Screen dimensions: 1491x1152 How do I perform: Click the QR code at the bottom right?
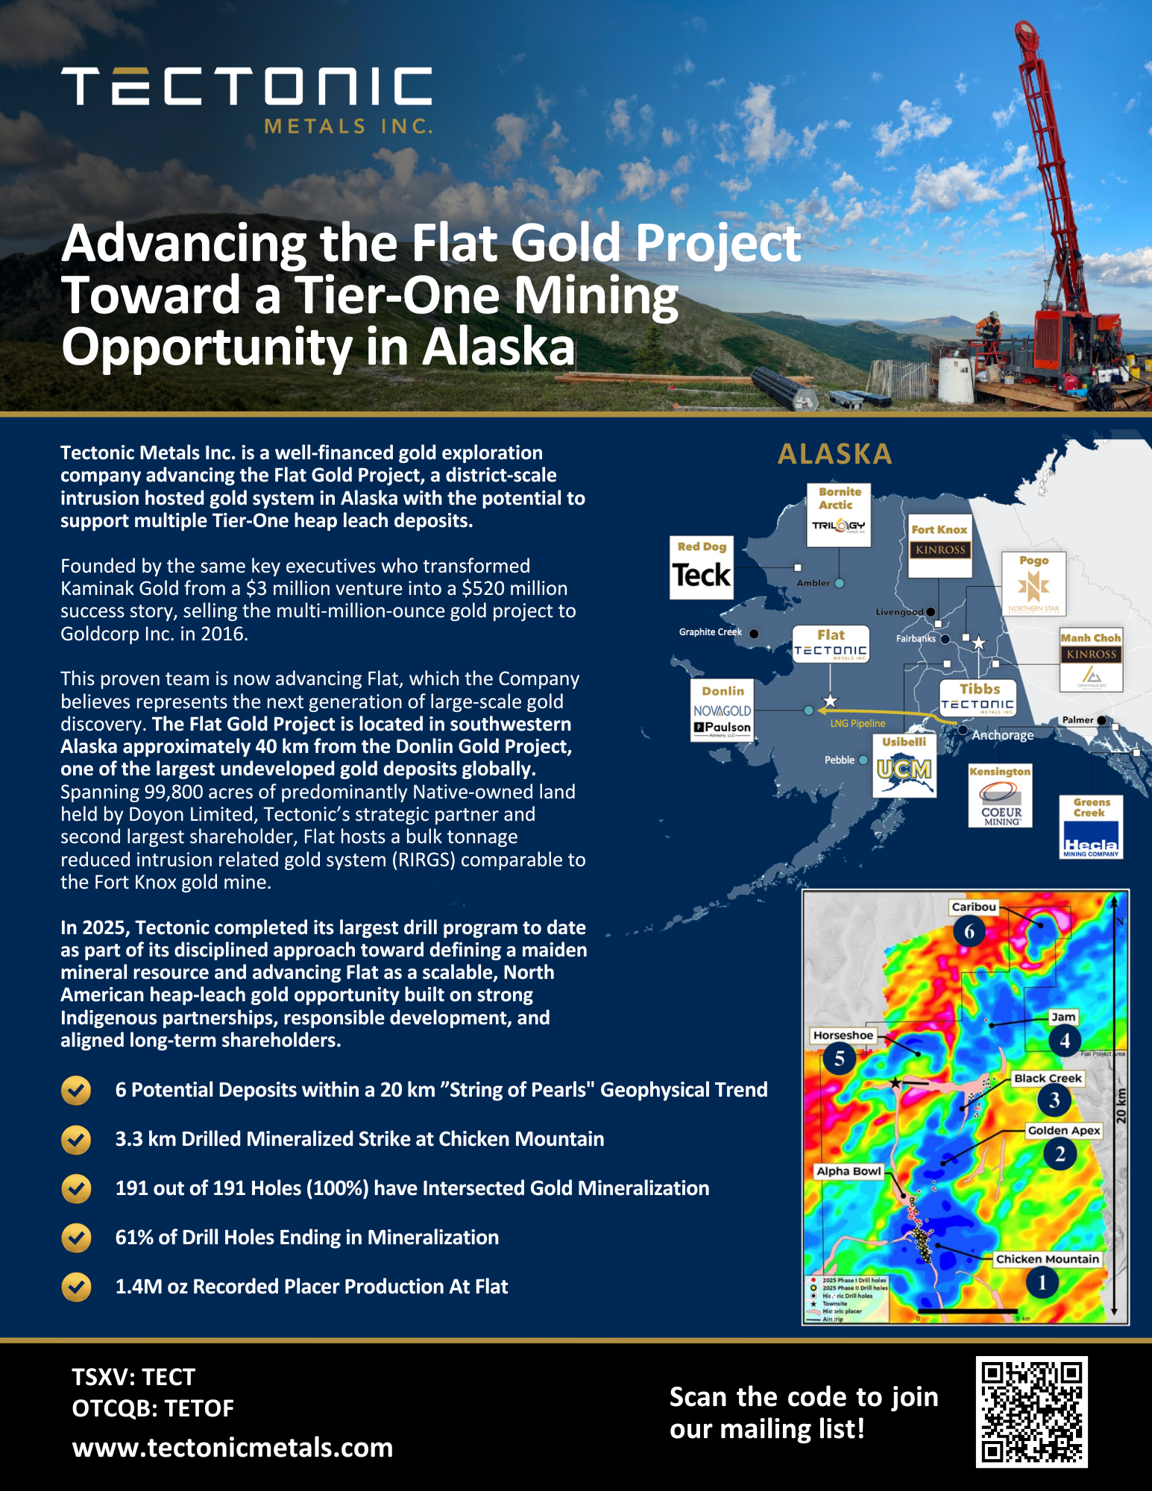pos(1031,1412)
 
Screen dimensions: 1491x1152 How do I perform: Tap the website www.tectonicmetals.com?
pos(232,1448)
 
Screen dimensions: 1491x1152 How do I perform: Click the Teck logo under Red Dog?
pos(701,576)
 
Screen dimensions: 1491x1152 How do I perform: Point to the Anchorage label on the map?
pos(1002,735)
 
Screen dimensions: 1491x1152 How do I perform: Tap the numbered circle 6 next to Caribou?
pos(969,931)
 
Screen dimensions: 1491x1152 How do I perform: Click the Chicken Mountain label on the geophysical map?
pos(1047,1259)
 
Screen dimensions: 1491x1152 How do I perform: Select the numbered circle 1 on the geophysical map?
pos(1042,1283)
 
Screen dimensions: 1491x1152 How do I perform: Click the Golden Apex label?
pos(1063,1130)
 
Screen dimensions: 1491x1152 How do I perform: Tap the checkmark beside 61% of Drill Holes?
pos(76,1238)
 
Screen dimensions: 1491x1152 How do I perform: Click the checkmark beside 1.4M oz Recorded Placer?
pos(76,1287)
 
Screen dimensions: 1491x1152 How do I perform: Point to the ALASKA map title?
pos(834,454)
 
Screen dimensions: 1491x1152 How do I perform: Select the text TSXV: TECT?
pos(133,1377)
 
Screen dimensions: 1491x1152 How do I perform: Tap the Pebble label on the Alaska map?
pos(839,760)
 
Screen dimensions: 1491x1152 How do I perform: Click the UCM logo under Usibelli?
pos(904,769)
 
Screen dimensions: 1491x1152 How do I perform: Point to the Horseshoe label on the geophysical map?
pos(843,1035)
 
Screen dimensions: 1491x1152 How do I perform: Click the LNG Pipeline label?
pos(857,723)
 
